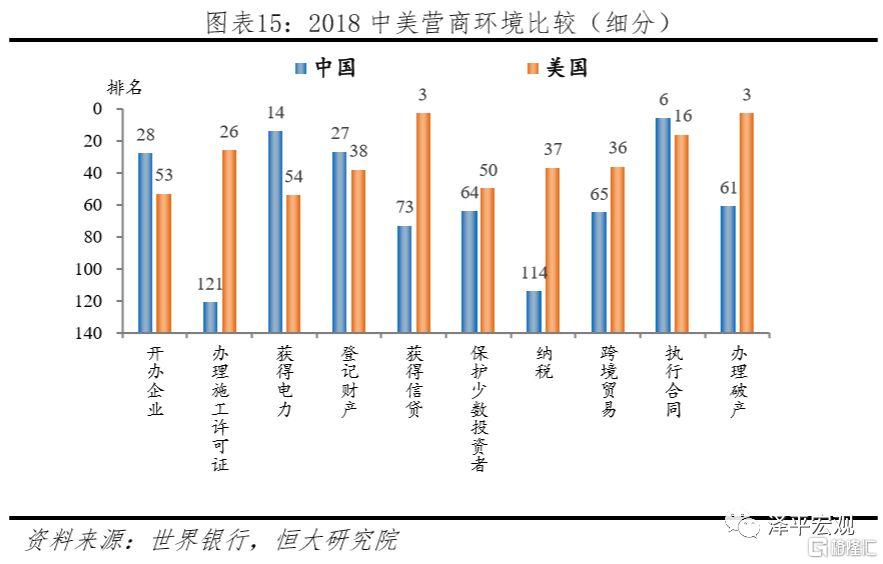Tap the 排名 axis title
[x=124, y=89]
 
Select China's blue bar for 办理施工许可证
[x=210, y=317]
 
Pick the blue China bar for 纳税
[x=533, y=312]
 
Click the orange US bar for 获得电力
[x=293, y=263]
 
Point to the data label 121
[x=210, y=285]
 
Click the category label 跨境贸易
[x=608, y=381]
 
